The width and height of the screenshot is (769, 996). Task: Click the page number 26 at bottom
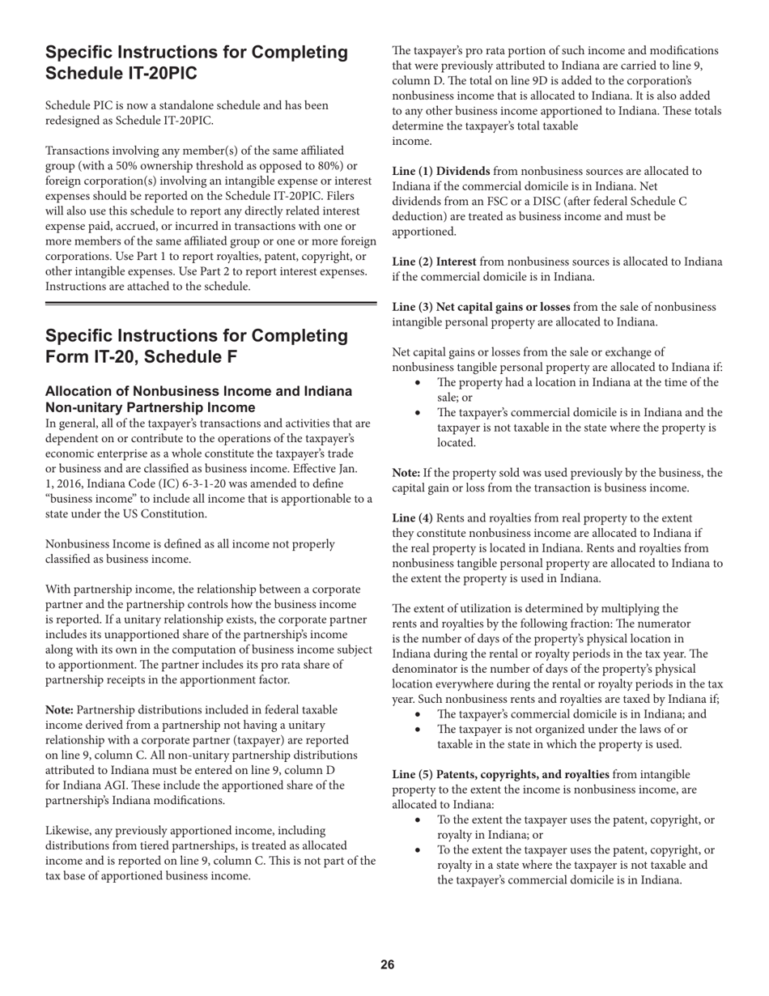[x=388, y=964]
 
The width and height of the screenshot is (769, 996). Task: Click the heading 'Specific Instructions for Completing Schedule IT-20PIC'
[x=197, y=62]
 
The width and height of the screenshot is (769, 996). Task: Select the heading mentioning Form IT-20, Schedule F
[x=197, y=346]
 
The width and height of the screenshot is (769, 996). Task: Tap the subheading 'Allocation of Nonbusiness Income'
[x=198, y=399]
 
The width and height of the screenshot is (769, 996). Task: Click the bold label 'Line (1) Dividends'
[x=441, y=172]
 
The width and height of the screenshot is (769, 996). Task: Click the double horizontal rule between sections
[x=210, y=304]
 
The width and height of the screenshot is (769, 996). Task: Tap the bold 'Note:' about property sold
[x=406, y=473]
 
